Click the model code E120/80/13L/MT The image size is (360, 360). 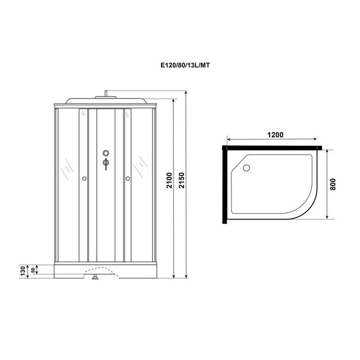point(185,66)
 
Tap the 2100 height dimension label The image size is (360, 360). point(169,180)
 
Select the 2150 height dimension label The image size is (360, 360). point(181,180)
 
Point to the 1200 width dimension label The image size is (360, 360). point(275,135)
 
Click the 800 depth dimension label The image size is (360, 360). point(333,184)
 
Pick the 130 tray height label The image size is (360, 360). point(23,271)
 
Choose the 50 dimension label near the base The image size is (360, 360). point(33,270)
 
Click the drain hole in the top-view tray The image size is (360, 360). point(246,168)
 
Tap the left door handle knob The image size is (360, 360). point(84,179)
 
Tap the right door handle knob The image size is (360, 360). point(128,179)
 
